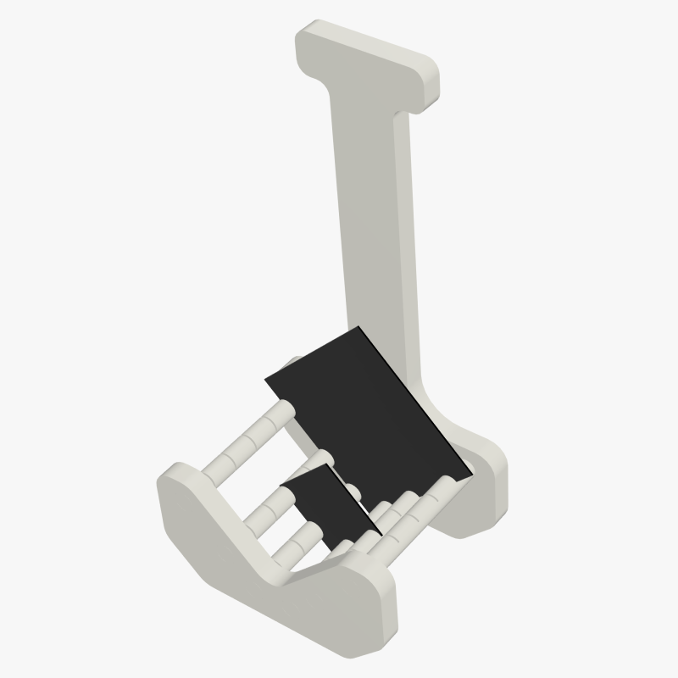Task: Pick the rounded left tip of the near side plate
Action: click(x=169, y=492)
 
